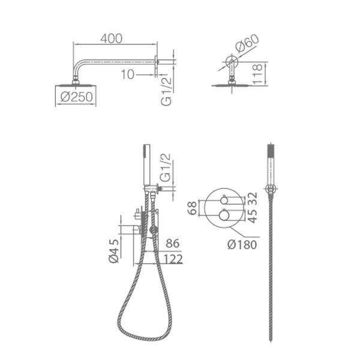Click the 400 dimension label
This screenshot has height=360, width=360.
click(x=112, y=38)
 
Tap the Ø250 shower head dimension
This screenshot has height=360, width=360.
click(x=76, y=97)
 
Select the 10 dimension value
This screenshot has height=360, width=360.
click(x=127, y=74)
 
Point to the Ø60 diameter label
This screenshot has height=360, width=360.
click(x=247, y=43)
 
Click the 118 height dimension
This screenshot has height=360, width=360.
click(x=257, y=74)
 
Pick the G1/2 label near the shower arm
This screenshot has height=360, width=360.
click(x=166, y=91)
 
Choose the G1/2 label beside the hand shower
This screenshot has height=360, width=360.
click(x=166, y=167)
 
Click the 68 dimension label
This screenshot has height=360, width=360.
click(x=192, y=208)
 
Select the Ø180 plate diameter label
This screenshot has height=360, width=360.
click(x=242, y=245)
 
